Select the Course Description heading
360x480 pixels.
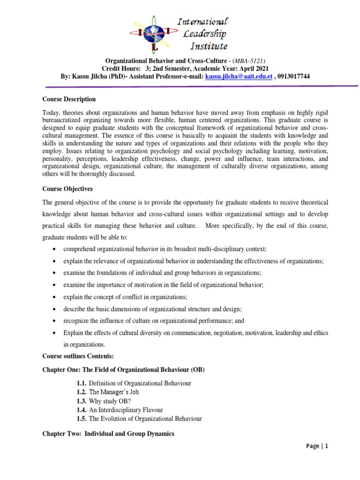(x=69, y=99)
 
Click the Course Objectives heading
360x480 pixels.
(x=67, y=189)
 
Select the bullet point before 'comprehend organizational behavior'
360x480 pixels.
(x=56, y=248)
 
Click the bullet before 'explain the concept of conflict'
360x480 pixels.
(x=56, y=297)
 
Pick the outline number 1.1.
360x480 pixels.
(x=81, y=383)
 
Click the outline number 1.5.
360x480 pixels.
(x=81, y=419)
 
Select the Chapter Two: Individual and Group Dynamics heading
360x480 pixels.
(x=108, y=434)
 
